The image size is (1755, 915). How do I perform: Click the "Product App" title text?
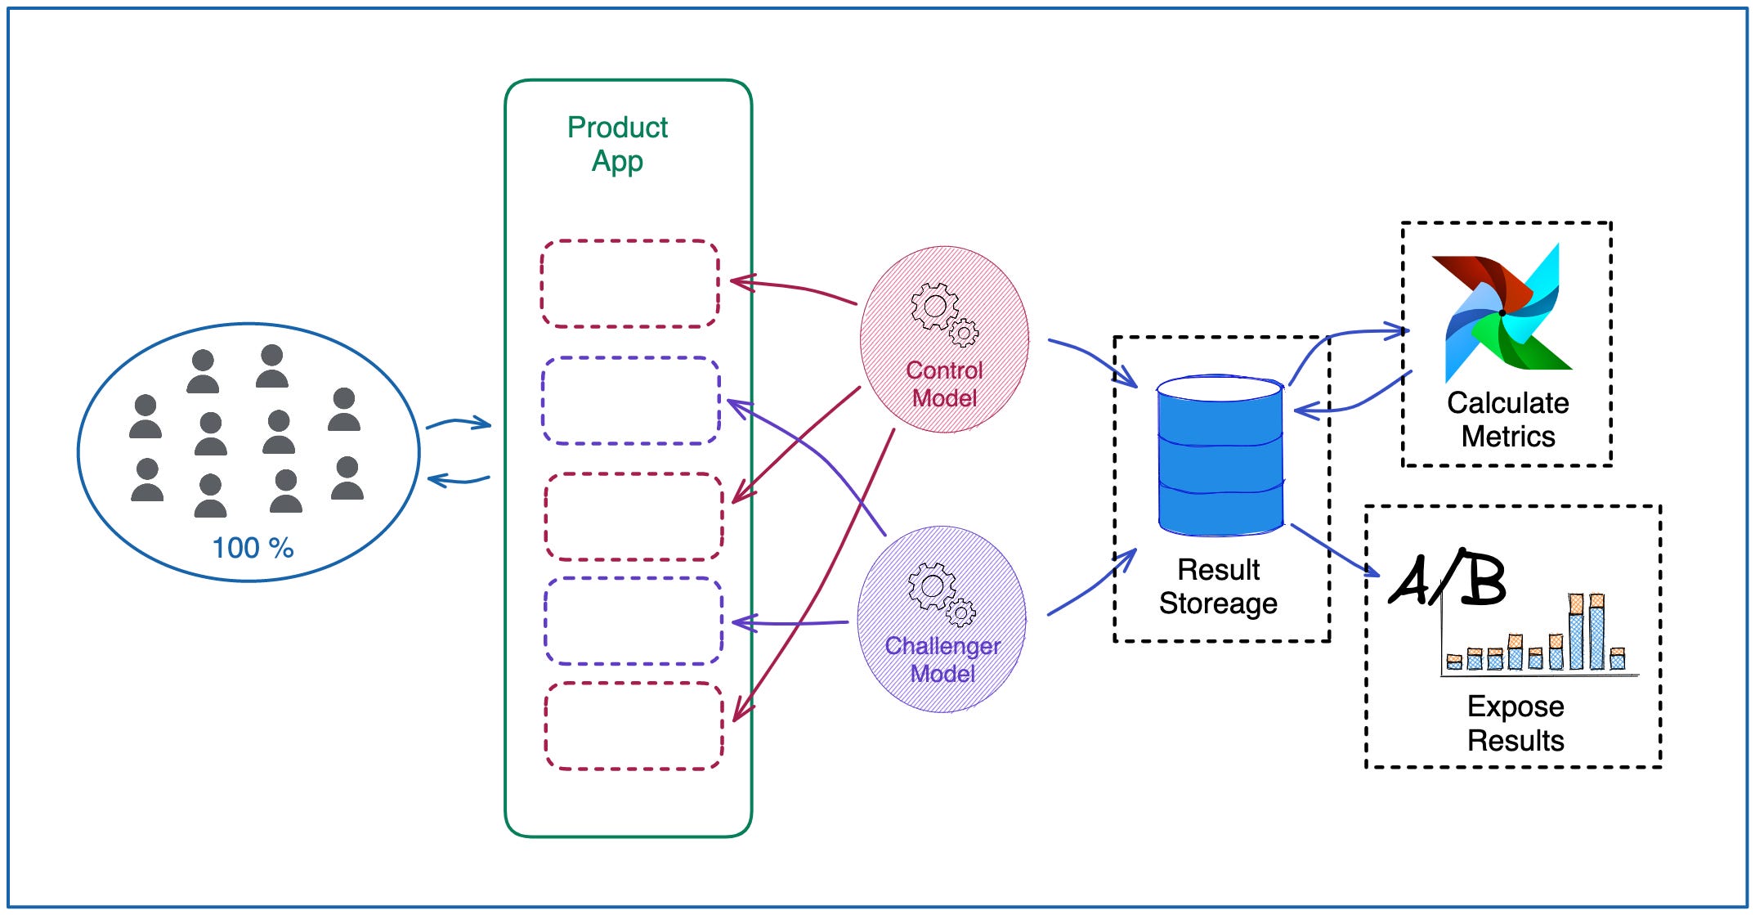tap(617, 144)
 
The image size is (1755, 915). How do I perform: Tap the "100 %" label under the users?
tap(253, 548)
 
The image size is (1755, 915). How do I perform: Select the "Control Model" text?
tap(944, 384)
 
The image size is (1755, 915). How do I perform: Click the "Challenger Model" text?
tap(942, 659)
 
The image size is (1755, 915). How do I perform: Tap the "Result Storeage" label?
tap(1218, 586)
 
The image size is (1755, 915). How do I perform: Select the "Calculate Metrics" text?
tap(1507, 419)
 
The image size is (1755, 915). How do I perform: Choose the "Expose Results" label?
tap(1515, 723)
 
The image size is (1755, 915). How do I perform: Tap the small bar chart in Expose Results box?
tap(1537, 637)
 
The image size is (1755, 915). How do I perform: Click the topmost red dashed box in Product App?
tap(629, 284)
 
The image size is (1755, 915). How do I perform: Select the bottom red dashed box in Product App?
tap(634, 726)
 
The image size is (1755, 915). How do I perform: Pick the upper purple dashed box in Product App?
tap(630, 401)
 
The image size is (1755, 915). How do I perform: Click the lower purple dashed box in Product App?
tap(634, 621)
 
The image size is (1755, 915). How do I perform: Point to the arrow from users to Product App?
tap(458, 424)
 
